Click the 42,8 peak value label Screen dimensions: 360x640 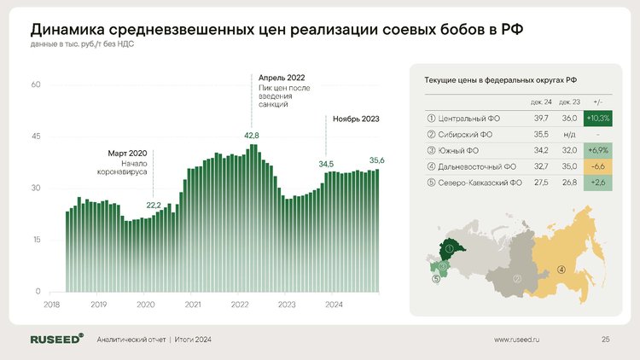coord(252,136)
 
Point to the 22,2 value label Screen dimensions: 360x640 coord(154,205)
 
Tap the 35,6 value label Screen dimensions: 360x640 coord(377,160)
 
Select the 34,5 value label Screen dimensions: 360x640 coord(327,163)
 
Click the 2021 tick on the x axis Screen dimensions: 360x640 coord(193,305)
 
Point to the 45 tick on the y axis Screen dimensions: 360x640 coord(36,136)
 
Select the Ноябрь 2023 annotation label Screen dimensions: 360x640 coord(356,119)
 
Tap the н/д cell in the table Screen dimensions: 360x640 coord(569,135)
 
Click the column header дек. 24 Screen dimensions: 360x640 coord(542,102)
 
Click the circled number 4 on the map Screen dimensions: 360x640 coord(561,270)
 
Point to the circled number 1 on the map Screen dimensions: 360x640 coord(449,248)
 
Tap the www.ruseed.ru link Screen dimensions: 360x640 coord(518,340)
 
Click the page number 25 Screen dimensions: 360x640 coord(605,340)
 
